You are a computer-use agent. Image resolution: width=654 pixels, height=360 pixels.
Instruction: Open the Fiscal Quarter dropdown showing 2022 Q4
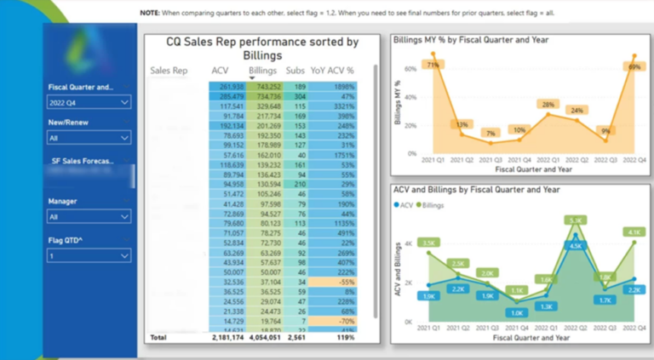(89, 102)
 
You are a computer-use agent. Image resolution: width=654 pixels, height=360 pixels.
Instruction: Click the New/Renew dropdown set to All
(89, 136)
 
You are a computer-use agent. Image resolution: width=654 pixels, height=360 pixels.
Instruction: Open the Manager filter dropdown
(89, 218)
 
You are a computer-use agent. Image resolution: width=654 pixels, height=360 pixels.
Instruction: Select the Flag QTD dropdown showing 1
(89, 254)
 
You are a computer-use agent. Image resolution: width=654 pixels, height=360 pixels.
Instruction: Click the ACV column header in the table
(220, 71)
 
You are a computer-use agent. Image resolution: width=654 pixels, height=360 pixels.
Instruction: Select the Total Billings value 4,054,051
(264, 338)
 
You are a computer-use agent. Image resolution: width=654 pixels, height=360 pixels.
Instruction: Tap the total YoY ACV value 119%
(345, 338)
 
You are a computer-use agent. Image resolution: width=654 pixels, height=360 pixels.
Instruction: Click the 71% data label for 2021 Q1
(433, 65)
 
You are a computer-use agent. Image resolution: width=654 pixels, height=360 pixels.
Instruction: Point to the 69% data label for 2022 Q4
(634, 66)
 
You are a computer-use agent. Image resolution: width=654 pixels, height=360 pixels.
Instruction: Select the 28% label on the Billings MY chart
(548, 105)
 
